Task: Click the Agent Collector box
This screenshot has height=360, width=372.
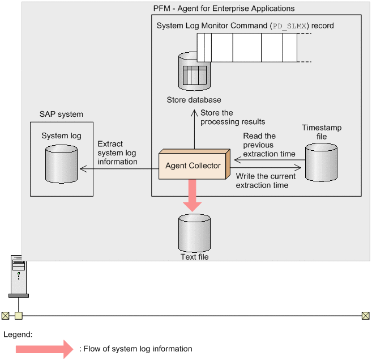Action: tap(193, 166)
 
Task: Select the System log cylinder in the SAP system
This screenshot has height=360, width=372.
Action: tap(61, 165)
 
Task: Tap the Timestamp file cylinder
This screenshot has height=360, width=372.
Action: tap(321, 162)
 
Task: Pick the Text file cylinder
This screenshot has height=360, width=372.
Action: tap(194, 231)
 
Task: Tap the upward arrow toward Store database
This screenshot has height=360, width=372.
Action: tap(194, 130)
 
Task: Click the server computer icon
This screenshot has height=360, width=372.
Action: tap(19, 276)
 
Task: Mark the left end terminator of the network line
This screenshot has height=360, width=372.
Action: tap(5, 315)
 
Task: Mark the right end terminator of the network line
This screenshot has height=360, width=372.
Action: tap(365, 315)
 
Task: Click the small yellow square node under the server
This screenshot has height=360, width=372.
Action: tap(19, 315)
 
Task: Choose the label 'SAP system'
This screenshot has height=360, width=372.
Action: tap(61, 114)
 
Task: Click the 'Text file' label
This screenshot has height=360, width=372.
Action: tap(194, 257)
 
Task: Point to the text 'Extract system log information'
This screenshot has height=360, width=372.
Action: tap(117, 153)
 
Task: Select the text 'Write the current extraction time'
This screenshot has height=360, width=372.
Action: tap(262, 180)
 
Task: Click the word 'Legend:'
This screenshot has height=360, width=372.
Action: tap(18, 334)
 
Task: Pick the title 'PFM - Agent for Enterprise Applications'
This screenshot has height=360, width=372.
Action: tap(224, 9)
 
